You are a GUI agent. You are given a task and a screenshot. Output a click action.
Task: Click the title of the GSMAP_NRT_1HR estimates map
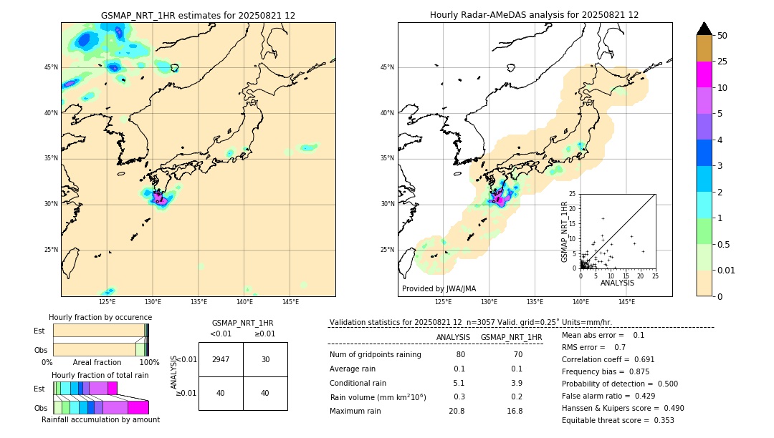pyautogui.click(x=198, y=15)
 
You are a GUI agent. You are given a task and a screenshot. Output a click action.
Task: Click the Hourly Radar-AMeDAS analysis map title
pyautogui.click(x=534, y=15)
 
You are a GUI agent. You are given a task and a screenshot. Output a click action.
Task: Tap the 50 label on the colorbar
pyautogui.click(x=722, y=36)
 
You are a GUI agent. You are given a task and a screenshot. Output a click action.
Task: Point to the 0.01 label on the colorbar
pyautogui.click(x=727, y=270)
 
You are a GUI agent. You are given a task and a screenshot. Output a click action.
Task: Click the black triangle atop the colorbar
pyautogui.click(x=704, y=29)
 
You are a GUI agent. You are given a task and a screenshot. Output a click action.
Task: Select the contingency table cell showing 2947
pyautogui.click(x=221, y=359)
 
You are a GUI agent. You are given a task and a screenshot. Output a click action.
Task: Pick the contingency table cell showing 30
pyautogui.click(x=265, y=359)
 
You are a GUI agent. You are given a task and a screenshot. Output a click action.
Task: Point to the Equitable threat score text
pyautogui.click(x=618, y=420)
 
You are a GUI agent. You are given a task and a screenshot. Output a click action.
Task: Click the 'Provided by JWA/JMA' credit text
pyautogui.click(x=439, y=288)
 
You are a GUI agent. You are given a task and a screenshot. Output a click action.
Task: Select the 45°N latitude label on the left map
pyautogui.click(x=51, y=67)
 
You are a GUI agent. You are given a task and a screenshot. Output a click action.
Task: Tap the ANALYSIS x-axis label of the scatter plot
pyautogui.click(x=617, y=283)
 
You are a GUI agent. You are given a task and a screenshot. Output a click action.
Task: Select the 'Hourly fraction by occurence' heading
pyautogui.click(x=100, y=317)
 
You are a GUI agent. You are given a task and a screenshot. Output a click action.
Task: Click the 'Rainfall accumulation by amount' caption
pyautogui.click(x=100, y=419)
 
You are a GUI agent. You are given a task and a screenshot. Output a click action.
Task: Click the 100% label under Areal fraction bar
pyautogui.click(x=149, y=363)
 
